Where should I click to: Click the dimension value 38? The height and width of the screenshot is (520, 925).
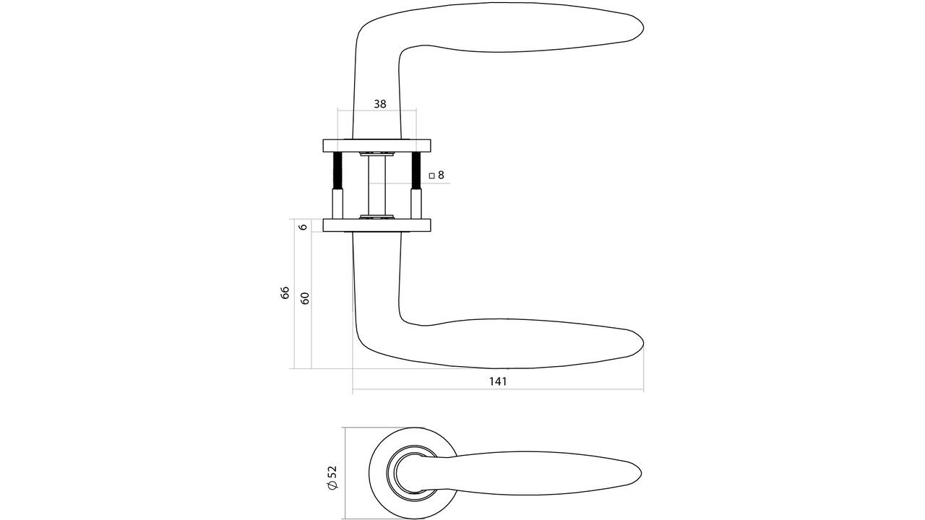tap(380, 104)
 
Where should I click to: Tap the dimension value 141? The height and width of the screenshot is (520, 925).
tap(498, 381)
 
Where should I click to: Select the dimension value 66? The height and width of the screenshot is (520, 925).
tap(285, 292)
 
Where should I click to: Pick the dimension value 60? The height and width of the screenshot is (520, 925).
tap(305, 298)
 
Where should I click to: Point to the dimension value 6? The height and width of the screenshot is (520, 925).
tap(304, 227)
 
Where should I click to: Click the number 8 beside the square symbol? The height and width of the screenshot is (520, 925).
tap(441, 175)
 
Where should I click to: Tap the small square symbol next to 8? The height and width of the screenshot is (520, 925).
tap(432, 175)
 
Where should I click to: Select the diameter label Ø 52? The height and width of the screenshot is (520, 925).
tap(332, 477)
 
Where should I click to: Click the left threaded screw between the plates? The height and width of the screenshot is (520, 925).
tap(337, 170)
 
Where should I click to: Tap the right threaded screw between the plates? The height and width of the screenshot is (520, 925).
tap(416, 170)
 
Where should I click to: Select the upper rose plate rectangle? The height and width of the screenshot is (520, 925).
tap(377, 146)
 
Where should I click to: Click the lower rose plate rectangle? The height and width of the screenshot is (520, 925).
tap(377, 225)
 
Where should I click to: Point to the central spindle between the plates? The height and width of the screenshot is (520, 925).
tap(377, 186)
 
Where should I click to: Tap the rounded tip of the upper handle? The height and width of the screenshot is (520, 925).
tap(643, 27)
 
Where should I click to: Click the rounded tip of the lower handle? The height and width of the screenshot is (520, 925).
tap(643, 343)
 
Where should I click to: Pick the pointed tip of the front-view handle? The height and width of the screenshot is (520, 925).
tap(641, 473)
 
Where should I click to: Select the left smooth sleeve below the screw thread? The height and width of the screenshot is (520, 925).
tap(337, 204)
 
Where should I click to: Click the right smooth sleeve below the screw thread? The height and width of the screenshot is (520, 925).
tap(416, 204)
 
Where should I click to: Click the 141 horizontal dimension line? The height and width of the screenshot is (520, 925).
tap(498, 389)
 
